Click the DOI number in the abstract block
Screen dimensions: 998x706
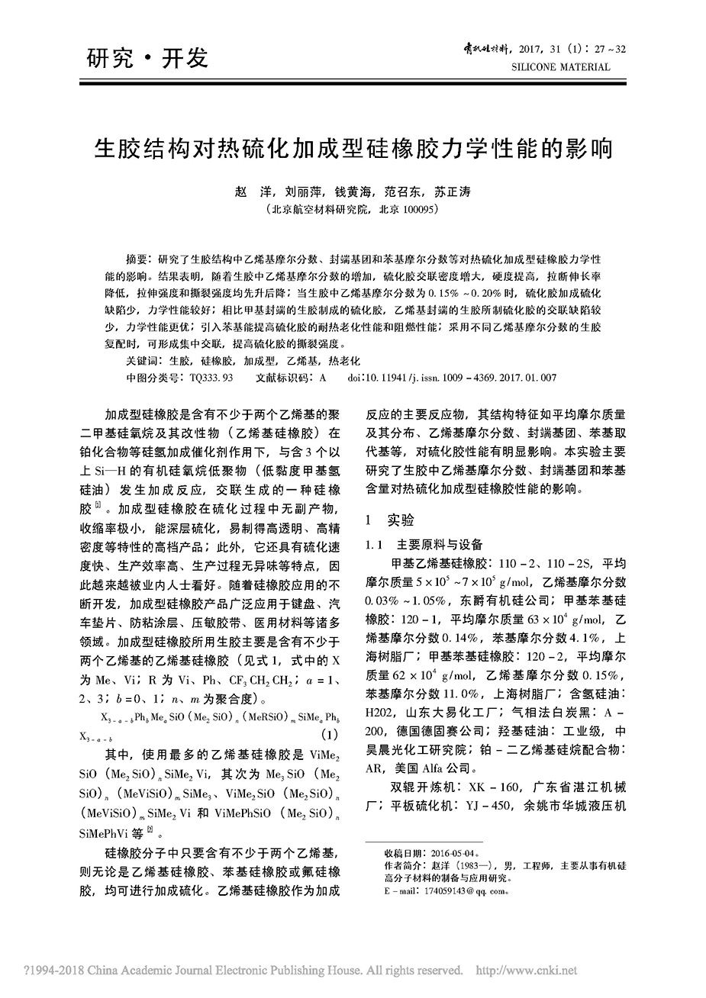click(472, 377)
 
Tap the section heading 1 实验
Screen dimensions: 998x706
click(390, 520)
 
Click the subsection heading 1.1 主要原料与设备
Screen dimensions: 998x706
click(424, 545)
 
